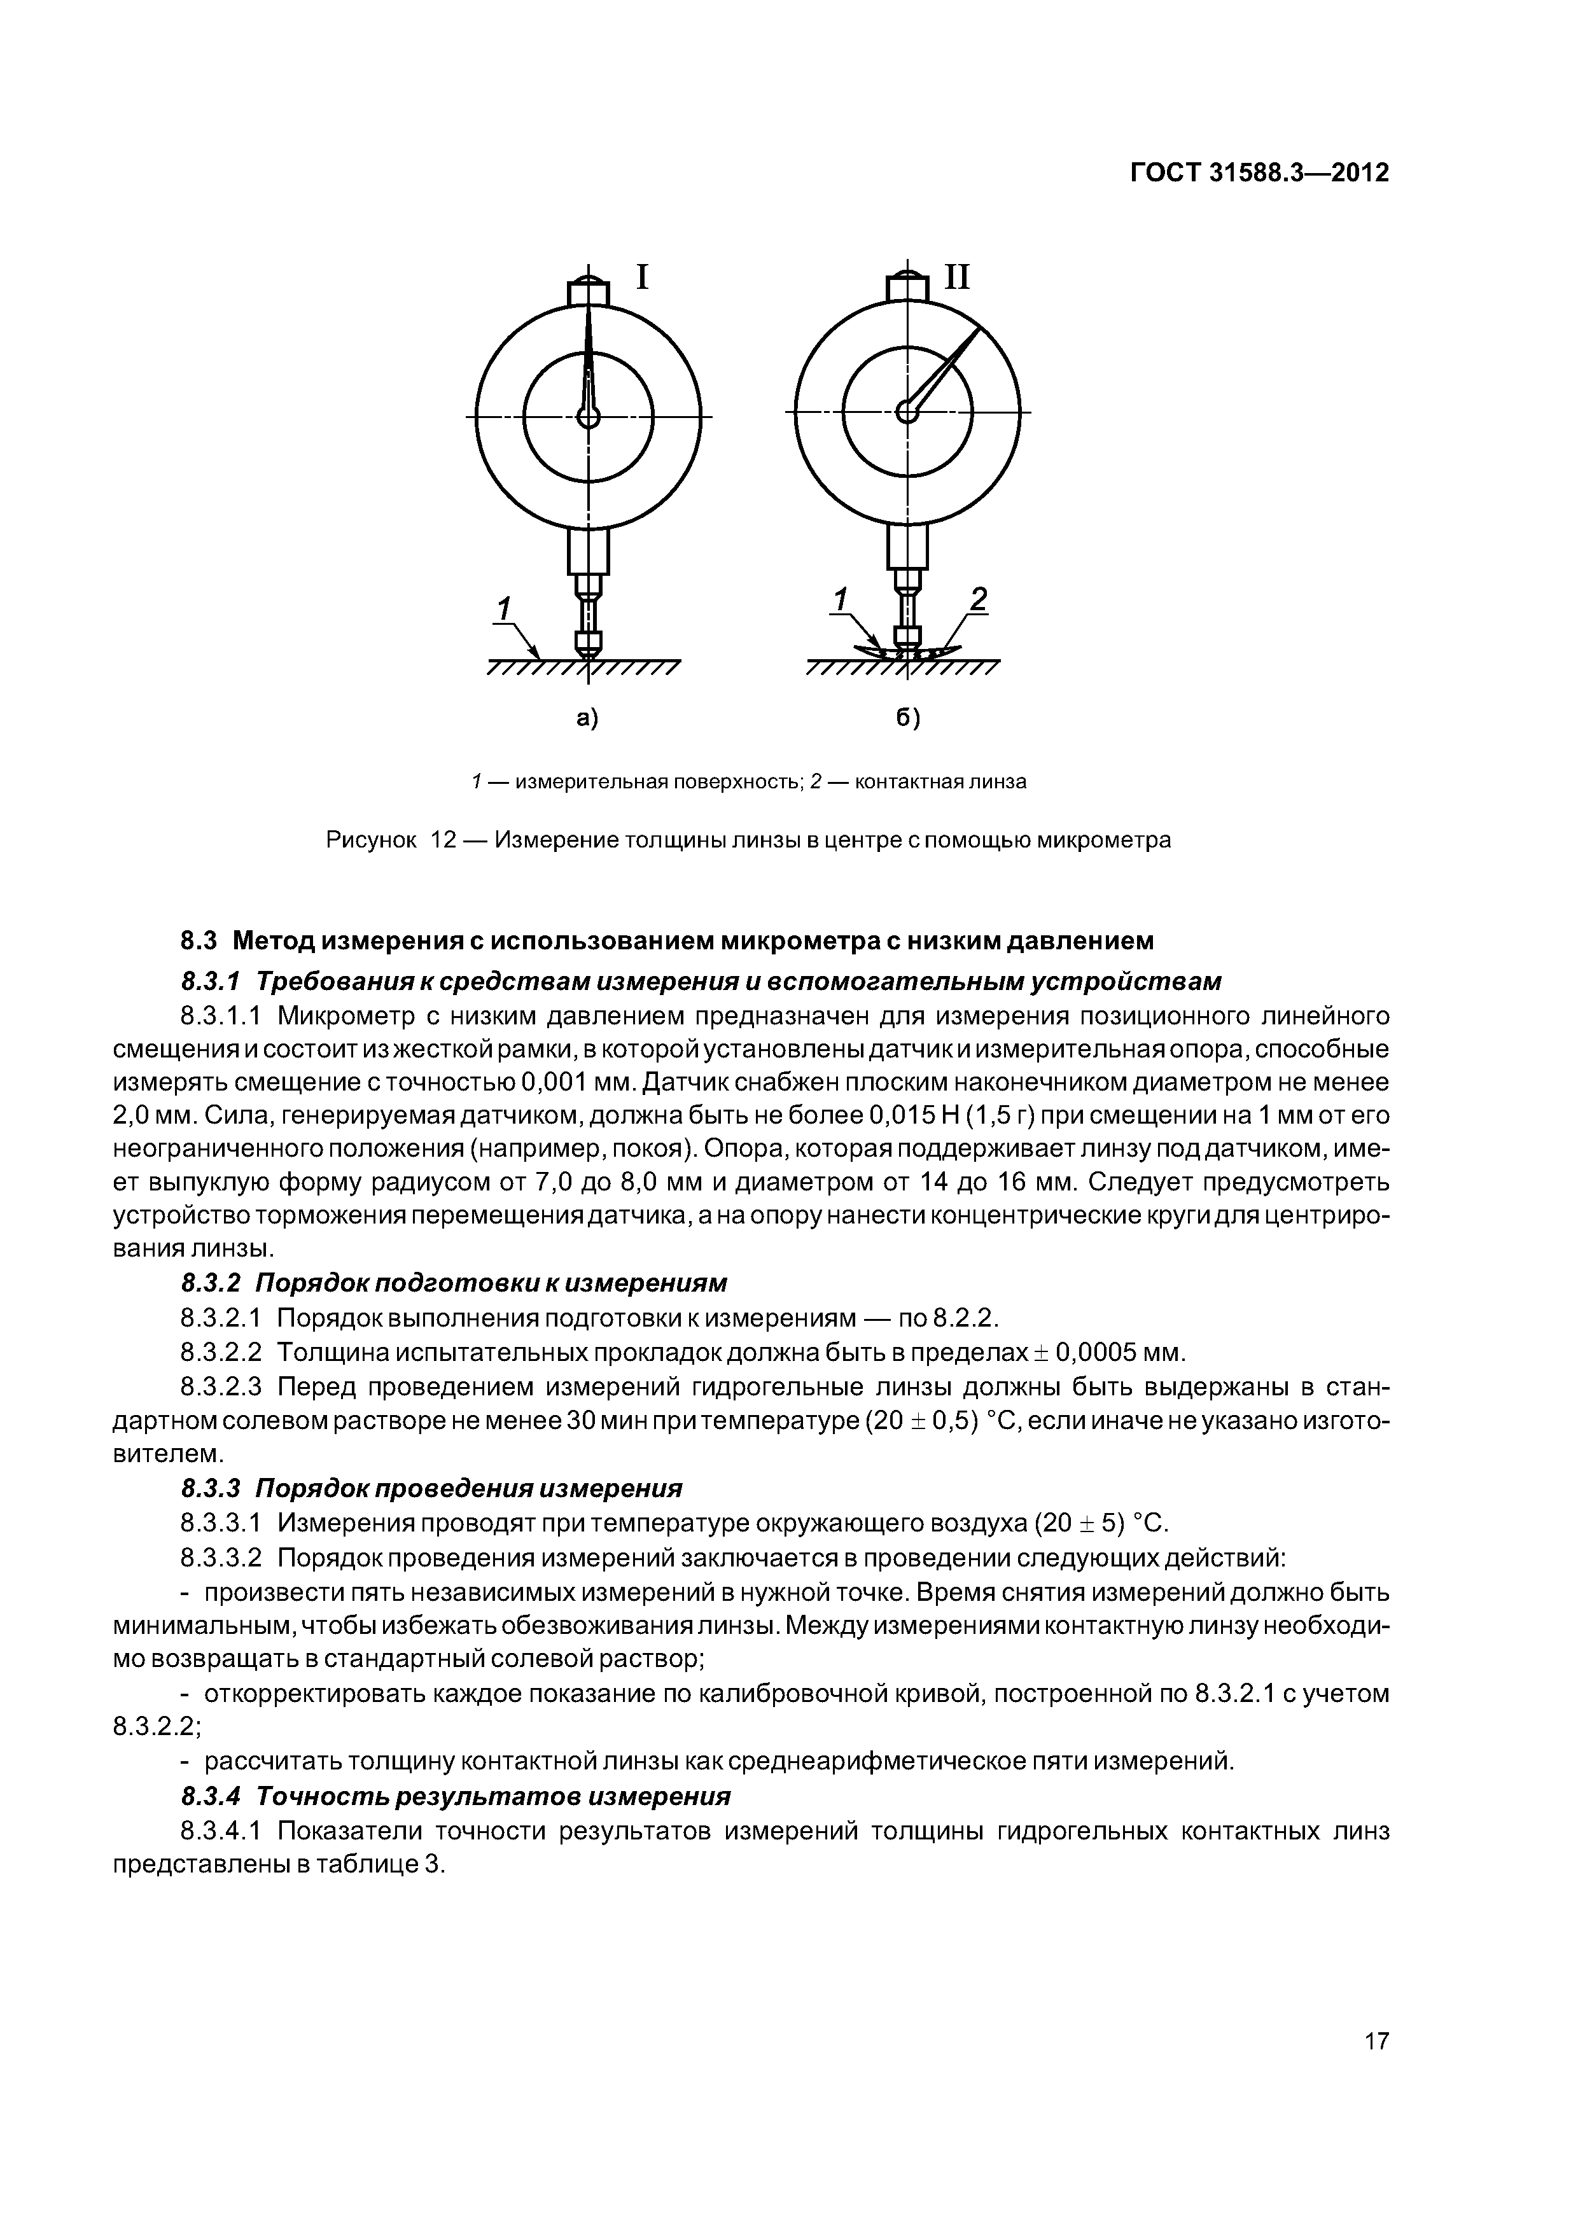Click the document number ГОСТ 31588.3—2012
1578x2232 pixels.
(1259, 173)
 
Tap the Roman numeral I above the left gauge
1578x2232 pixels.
(642, 278)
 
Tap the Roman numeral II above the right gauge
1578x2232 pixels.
(957, 278)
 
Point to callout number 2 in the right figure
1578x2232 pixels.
(978, 600)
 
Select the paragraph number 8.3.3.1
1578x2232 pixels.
(221, 1523)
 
